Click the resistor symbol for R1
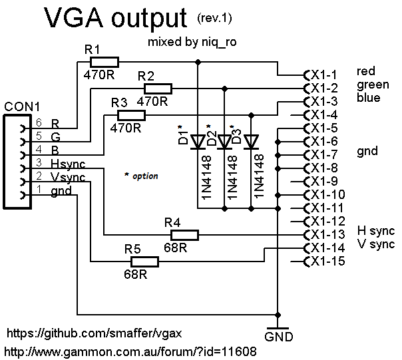(x=104, y=62)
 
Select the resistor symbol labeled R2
(x=158, y=88)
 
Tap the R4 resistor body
(x=185, y=234)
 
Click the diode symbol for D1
(x=198, y=142)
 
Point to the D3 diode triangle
(x=251, y=142)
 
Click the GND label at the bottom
(x=278, y=336)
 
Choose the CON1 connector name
(x=22, y=106)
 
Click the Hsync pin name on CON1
(x=68, y=164)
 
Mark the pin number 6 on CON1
(x=39, y=123)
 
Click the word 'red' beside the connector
(x=366, y=71)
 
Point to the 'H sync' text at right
(x=376, y=231)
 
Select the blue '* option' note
(x=141, y=176)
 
